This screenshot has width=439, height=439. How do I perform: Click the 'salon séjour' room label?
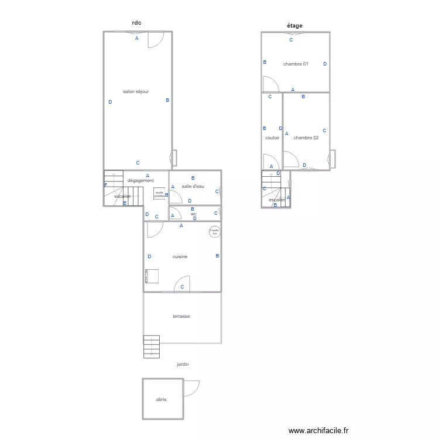136,92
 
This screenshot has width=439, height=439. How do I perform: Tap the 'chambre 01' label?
296,64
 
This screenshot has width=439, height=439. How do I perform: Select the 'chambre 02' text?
306,138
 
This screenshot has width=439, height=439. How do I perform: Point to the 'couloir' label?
272,138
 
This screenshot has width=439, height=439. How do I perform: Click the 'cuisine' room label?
180,256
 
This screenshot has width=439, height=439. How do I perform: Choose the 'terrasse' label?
181,316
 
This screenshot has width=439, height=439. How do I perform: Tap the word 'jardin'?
183,364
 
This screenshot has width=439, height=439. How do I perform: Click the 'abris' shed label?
161,399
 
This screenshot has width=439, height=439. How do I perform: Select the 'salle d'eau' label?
193,186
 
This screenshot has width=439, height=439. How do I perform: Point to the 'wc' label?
193,214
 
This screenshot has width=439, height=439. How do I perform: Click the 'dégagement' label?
140,180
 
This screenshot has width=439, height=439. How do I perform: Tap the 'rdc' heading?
137,23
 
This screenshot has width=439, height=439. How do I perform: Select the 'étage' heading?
294,26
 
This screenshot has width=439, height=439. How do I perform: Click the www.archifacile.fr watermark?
318,430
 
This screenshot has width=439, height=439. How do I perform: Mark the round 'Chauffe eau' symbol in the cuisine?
215,232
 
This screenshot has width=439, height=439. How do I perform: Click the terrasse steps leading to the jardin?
152,346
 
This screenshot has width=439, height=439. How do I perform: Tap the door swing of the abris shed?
191,387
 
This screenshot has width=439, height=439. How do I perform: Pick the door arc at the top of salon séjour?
155,39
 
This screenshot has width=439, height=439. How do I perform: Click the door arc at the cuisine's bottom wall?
181,284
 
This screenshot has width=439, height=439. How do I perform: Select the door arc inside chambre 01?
270,84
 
